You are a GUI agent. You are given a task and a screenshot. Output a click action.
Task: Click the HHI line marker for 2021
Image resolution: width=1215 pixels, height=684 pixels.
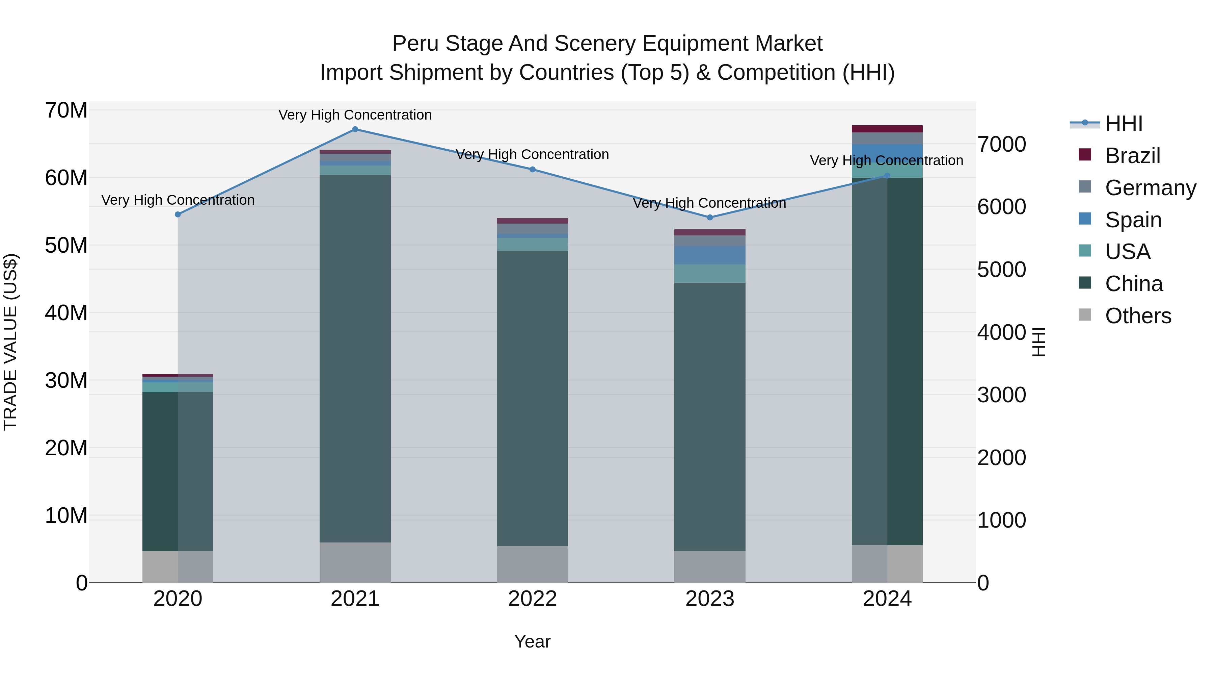pos(355,129)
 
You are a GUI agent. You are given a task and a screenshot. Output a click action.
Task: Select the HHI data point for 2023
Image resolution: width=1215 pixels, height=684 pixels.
pos(710,218)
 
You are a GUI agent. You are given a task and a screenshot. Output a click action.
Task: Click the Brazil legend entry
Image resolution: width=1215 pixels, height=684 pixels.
pos(1132,156)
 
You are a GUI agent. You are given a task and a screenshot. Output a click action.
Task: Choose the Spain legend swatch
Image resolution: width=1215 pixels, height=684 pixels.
pos(1085,219)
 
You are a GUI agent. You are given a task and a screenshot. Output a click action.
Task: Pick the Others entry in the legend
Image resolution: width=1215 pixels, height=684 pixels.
pos(1138,316)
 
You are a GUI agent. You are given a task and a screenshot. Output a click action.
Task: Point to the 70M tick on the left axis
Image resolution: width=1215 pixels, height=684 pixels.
pos(66,110)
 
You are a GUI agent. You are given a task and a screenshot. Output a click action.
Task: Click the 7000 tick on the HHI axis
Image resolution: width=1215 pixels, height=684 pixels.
pos(1001,145)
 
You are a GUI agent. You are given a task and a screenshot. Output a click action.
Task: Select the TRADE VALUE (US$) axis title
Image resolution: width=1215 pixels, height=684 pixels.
pos(10,342)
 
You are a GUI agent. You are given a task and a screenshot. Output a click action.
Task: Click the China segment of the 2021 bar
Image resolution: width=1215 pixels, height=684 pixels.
pos(355,359)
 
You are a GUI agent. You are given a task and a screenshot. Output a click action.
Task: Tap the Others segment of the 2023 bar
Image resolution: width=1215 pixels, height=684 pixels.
pos(710,566)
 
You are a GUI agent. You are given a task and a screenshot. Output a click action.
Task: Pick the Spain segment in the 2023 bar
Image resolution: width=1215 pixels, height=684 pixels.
pos(710,255)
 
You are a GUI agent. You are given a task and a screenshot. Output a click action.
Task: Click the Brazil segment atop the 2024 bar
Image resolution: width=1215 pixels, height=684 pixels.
pos(887,129)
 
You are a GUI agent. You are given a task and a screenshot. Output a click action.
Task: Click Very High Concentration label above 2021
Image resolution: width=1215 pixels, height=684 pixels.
pos(355,115)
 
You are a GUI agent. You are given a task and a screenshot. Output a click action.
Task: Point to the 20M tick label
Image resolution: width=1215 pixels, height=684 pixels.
pos(66,448)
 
